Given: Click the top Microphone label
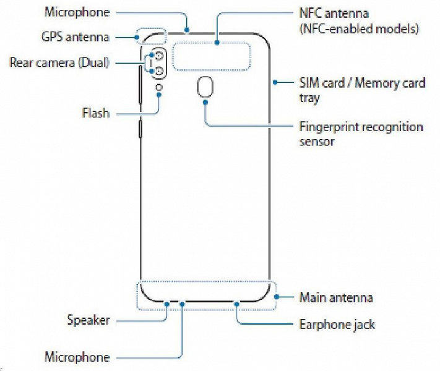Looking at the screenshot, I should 77,12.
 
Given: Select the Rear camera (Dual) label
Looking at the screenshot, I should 59,63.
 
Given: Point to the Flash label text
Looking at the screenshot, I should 95,113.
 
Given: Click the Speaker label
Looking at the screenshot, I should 88,320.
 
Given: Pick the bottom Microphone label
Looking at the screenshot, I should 77,357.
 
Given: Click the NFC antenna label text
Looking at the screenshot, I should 335,12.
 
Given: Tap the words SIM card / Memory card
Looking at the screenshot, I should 362,83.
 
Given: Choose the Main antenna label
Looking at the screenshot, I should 336,297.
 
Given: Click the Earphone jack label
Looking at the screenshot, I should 337,324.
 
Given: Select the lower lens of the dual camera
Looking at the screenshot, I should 159,72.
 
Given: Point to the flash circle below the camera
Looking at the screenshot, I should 160,87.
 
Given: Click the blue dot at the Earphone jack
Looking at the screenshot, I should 238,303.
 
